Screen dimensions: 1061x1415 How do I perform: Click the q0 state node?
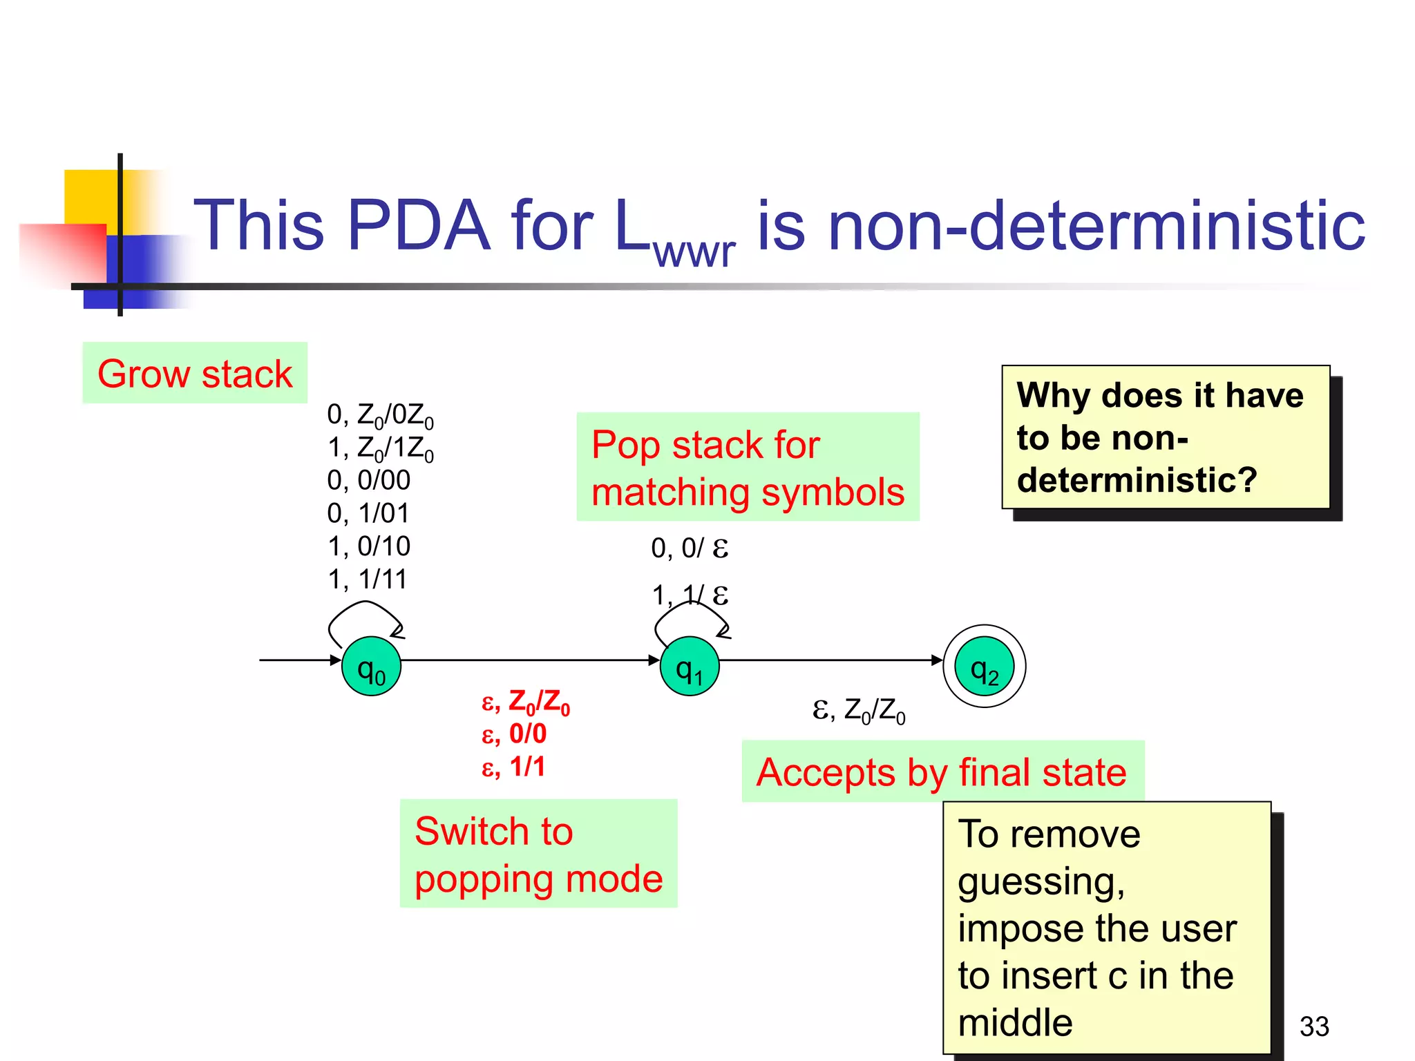point(372,666)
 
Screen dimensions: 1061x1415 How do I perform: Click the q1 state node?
point(690,666)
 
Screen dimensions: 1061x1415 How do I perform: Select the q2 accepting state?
point(984,666)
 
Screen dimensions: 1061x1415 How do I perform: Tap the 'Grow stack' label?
point(195,373)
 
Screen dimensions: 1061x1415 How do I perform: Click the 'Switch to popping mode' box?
point(538,854)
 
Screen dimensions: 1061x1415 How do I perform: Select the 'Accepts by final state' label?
point(942,772)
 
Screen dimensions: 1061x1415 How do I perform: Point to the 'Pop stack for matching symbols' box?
point(748,467)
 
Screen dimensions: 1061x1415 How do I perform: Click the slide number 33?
point(1313,1026)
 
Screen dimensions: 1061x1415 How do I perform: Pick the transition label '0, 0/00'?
point(368,480)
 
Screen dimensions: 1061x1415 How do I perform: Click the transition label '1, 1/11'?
point(367,579)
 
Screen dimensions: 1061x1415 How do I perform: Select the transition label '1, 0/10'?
point(368,546)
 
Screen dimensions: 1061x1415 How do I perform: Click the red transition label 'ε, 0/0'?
point(513,734)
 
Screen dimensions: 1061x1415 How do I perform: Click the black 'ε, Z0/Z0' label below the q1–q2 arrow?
point(858,710)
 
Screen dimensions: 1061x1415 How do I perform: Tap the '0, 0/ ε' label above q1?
point(689,548)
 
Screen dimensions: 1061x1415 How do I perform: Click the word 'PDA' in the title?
point(418,225)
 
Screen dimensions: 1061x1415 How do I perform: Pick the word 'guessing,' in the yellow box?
point(1041,881)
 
